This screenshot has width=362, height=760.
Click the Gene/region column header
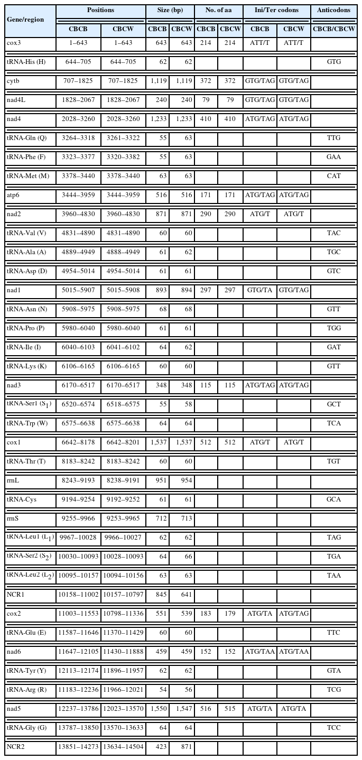coord(25,19)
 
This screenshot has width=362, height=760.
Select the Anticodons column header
coord(333,11)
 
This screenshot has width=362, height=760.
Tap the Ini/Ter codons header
coord(277,11)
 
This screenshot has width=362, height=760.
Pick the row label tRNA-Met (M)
coord(26,176)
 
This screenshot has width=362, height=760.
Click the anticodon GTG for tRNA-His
coord(333,62)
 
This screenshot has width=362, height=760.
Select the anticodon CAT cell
coord(333,176)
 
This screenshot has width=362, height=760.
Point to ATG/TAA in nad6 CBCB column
coord(260,652)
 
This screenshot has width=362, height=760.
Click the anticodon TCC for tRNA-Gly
coord(333,728)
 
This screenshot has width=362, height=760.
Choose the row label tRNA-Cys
coord(22,499)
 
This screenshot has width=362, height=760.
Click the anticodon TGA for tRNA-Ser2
coord(333,557)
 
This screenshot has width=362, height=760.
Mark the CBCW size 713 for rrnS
coord(182,518)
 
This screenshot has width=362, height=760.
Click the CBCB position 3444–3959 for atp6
coord(78,195)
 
